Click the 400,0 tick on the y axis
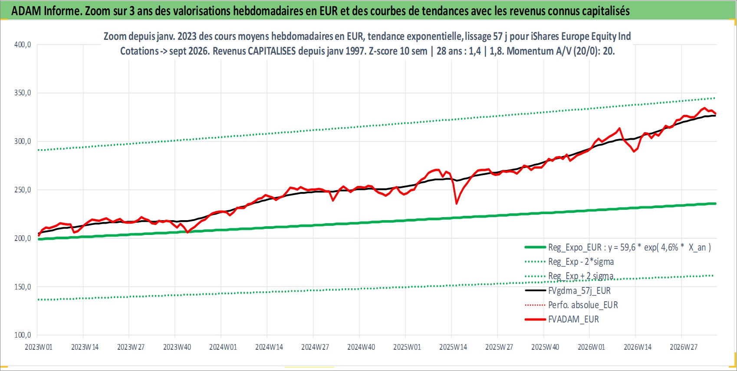[x=23, y=45]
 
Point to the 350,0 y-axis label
[x=23, y=93]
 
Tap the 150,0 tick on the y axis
[x=23, y=287]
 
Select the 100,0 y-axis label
[x=23, y=335]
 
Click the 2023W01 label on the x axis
[x=39, y=347]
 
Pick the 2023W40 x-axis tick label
[x=177, y=347]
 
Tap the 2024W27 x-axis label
[x=315, y=347]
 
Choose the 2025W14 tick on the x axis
[x=453, y=347]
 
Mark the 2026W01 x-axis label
[x=591, y=347]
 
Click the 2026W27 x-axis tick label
[x=683, y=347]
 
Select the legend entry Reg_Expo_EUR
[x=618, y=247]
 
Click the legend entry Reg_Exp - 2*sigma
[x=569, y=262]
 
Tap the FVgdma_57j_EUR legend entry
[x=568, y=291]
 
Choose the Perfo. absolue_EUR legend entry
[x=571, y=305]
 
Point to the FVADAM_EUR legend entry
[x=562, y=319]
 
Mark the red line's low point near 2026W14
[x=634, y=152]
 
